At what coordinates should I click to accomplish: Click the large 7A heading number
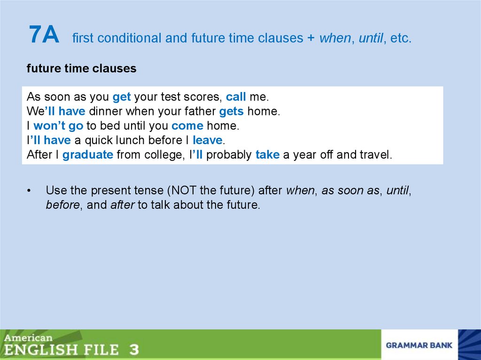coord(44,35)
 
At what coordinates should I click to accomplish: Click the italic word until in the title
coord(370,38)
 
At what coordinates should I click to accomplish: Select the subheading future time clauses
coord(81,69)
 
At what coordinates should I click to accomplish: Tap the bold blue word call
coord(236,97)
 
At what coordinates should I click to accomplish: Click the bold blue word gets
coord(231,112)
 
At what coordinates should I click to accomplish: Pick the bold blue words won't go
coord(58,126)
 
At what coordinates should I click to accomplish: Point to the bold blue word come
coord(187,126)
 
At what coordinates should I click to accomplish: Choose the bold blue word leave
coord(207,140)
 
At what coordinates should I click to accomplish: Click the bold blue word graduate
coord(87,155)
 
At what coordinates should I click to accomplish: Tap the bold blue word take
coord(267,155)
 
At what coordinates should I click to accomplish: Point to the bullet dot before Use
coord(29,191)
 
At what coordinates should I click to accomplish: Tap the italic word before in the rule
coord(62,205)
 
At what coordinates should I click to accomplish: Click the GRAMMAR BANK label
coord(419,345)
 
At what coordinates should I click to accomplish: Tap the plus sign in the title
coord(311,38)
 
